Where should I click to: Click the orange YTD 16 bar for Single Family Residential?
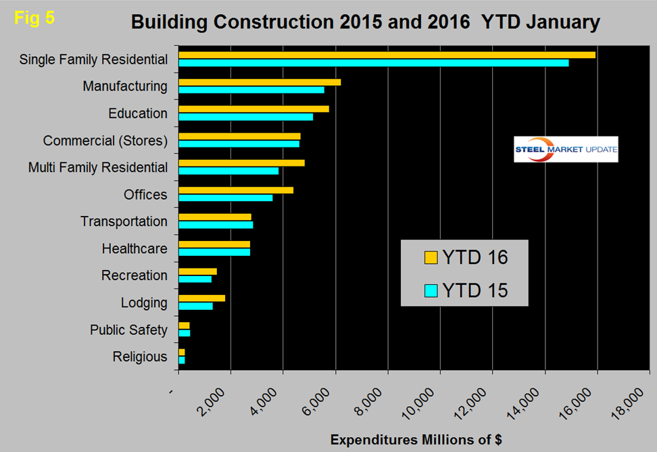pyautogui.click(x=387, y=55)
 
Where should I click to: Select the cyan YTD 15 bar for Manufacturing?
pyautogui.click(x=285, y=89)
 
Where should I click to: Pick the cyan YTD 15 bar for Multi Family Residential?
pyautogui.click(x=228, y=171)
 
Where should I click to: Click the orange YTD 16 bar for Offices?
pyautogui.click(x=235, y=190)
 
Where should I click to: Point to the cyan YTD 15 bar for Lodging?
pyautogui.click(x=195, y=306)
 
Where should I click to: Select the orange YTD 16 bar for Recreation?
pyautogui.click(x=197, y=271)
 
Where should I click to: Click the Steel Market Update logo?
pyautogui.click(x=566, y=150)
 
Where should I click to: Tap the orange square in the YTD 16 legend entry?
pyautogui.click(x=431, y=258)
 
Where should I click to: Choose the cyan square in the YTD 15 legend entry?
pyautogui.click(x=431, y=291)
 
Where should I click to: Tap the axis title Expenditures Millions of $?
pyautogui.click(x=416, y=439)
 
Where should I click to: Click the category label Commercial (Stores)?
pyautogui.click(x=105, y=141)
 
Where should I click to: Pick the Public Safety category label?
pyautogui.click(x=128, y=330)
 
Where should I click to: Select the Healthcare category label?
pyautogui.click(x=135, y=248)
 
